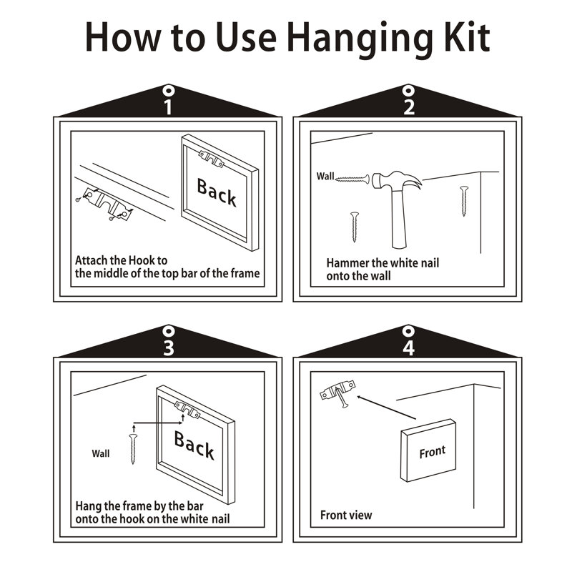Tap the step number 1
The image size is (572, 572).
coord(168,107)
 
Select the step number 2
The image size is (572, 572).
coord(409,107)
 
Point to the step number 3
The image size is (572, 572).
coord(168,347)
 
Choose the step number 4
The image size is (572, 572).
coord(408,347)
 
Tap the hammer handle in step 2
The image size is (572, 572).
coord(399,218)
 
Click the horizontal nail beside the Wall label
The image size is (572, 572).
coord(352,179)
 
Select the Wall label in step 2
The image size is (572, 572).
coord(325,176)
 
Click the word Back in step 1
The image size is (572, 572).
coord(217,192)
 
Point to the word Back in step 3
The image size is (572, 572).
coord(194,444)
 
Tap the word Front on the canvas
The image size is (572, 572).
coord(433,452)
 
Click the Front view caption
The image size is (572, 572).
coord(346,515)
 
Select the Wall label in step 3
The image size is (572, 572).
coord(101,453)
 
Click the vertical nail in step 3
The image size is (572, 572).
coord(133,449)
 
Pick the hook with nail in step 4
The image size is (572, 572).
coord(337,393)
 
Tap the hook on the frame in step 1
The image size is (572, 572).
coord(211,159)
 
